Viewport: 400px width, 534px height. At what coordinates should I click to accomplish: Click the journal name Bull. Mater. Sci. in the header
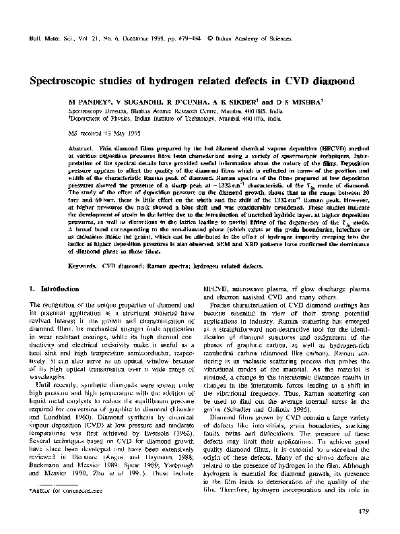point(51,31)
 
